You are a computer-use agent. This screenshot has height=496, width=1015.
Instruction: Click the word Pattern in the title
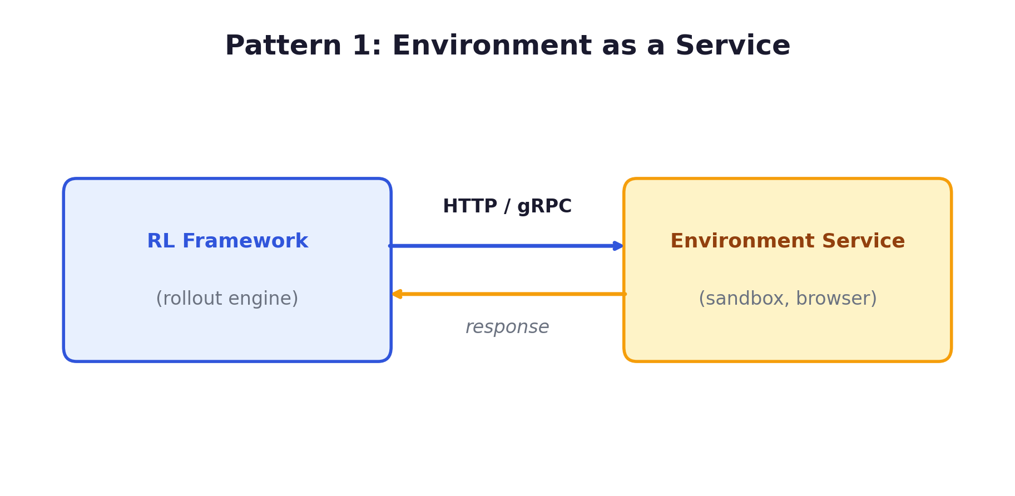(x=283, y=46)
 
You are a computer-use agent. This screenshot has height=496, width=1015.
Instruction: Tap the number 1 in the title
(x=362, y=46)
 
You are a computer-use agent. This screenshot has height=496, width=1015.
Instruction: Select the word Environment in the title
(x=492, y=46)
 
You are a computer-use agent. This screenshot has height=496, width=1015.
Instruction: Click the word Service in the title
(x=732, y=46)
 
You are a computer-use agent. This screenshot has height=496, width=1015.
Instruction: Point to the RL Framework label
(x=227, y=241)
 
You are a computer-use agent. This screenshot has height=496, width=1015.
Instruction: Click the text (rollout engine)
(x=227, y=299)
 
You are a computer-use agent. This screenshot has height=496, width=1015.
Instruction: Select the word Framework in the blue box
(x=245, y=241)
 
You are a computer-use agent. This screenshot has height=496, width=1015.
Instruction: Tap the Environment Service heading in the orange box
(x=788, y=241)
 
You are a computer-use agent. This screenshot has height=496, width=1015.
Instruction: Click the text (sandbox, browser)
(x=788, y=299)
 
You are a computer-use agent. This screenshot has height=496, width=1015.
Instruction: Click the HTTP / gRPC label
(x=507, y=206)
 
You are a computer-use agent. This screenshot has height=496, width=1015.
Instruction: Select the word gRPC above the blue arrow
(x=544, y=206)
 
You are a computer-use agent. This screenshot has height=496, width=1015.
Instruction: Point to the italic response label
(x=507, y=327)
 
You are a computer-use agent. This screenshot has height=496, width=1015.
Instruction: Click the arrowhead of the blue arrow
(x=618, y=246)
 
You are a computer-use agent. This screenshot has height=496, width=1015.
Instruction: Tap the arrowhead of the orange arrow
(x=397, y=294)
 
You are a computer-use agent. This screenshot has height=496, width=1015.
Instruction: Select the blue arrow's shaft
(x=501, y=246)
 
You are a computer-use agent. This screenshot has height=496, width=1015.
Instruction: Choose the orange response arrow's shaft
(x=512, y=294)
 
